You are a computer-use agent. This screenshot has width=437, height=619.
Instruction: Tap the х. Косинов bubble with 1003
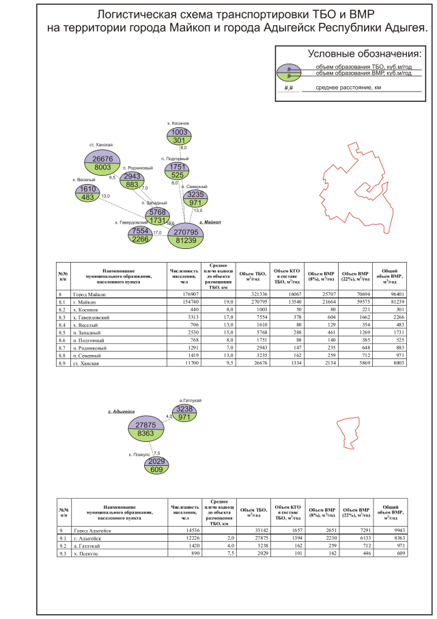tap(180, 136)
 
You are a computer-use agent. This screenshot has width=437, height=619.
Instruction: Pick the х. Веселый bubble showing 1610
tap(88, 193)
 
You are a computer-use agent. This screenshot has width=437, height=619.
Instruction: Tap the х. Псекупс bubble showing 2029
tap(157, 466)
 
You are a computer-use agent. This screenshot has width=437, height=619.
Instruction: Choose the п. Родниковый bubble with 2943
tap(132, 180)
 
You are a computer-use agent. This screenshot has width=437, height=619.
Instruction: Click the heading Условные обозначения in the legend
tap(365, 53)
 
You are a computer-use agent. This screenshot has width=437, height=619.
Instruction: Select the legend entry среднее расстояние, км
tap(348, 88)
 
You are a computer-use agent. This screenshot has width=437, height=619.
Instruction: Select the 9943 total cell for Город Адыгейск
tap(391, 530)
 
